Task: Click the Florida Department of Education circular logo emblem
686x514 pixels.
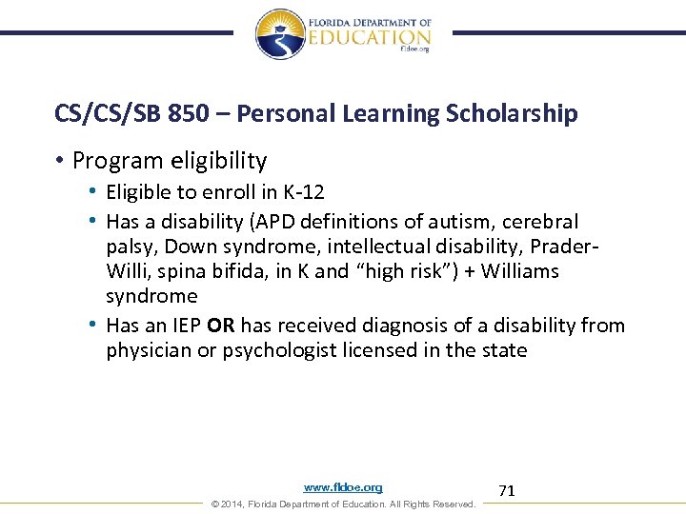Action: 280,33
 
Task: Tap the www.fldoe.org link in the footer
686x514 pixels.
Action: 343,487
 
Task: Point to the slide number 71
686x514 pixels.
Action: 507,490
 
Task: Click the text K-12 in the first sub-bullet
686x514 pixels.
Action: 303,192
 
